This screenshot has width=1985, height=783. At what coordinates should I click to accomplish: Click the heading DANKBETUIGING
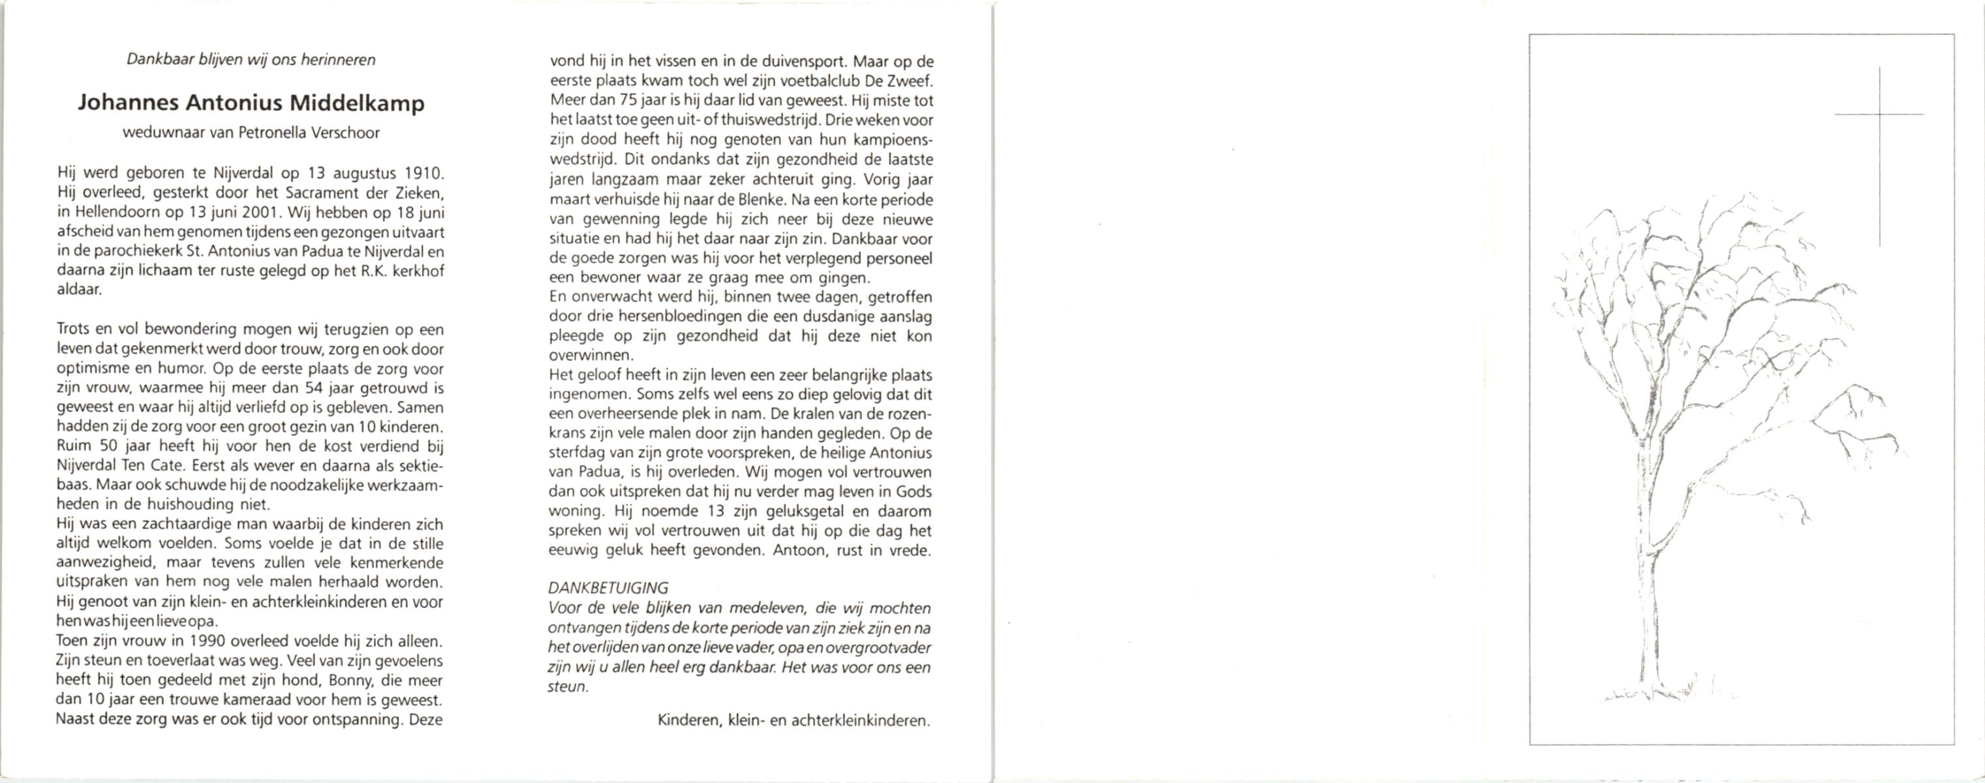(x=608, y=588)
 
